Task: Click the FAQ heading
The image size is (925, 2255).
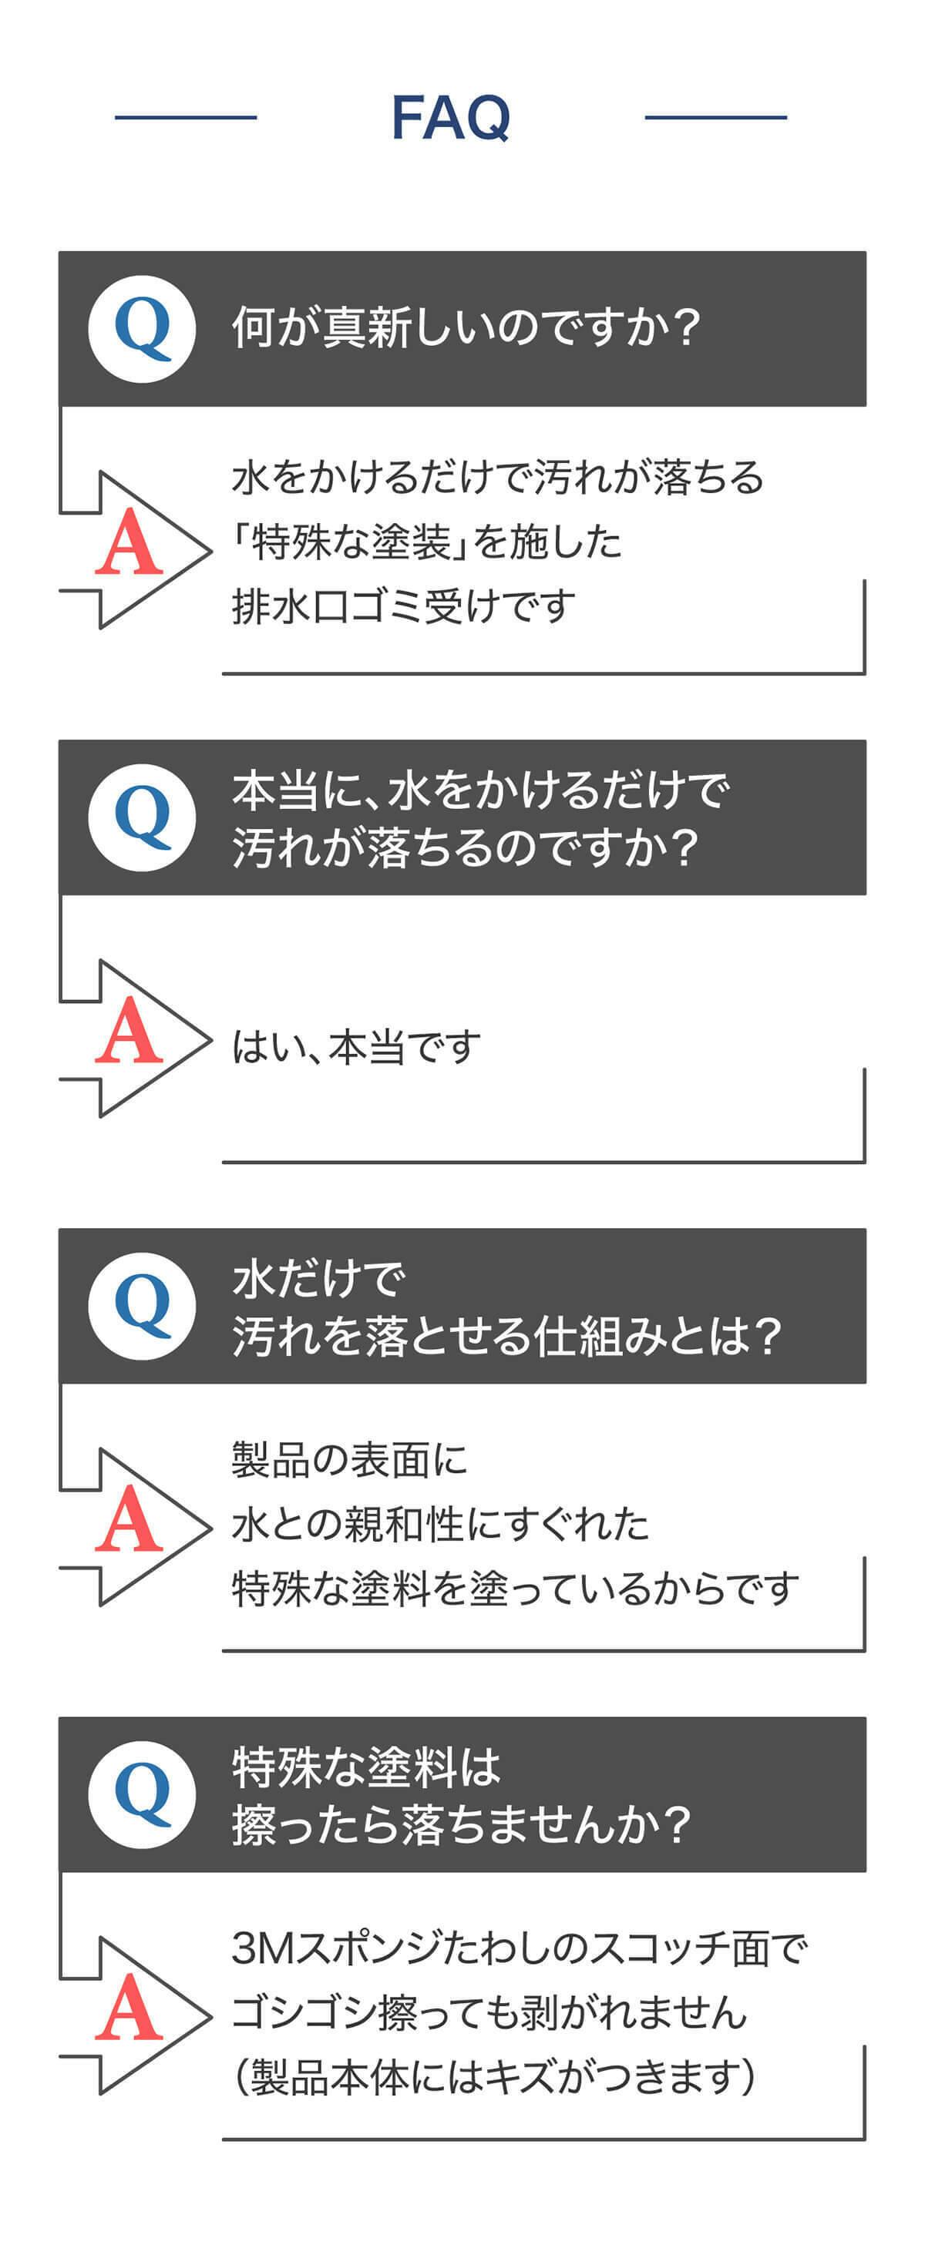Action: pyautogui.click(x=450, y=117)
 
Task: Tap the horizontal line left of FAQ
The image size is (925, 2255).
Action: pyautogui.click(x=186, y=117)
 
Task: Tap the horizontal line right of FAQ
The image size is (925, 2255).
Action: pyautogui.click(x=715, y=117)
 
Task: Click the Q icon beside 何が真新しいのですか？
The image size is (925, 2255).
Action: pyautogui.click(x=142, y=329)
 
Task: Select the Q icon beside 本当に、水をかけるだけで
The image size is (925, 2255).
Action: pyautogui.click(x=142, y=817)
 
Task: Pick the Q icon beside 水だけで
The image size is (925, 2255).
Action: pyautogui.click(x=142, y=1306)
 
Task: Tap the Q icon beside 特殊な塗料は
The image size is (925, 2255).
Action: pyautogui.click(x=142, y=1794)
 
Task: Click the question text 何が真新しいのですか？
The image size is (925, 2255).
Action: pyautogui.click(x=466, y=328)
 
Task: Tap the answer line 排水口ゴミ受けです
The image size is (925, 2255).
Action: pyautogui.click(x=404, y=606)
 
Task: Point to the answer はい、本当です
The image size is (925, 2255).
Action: pyautogui.click(x=356, y=1047)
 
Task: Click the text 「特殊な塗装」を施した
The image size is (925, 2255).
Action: pyautogui.click(x=426, y=542)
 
